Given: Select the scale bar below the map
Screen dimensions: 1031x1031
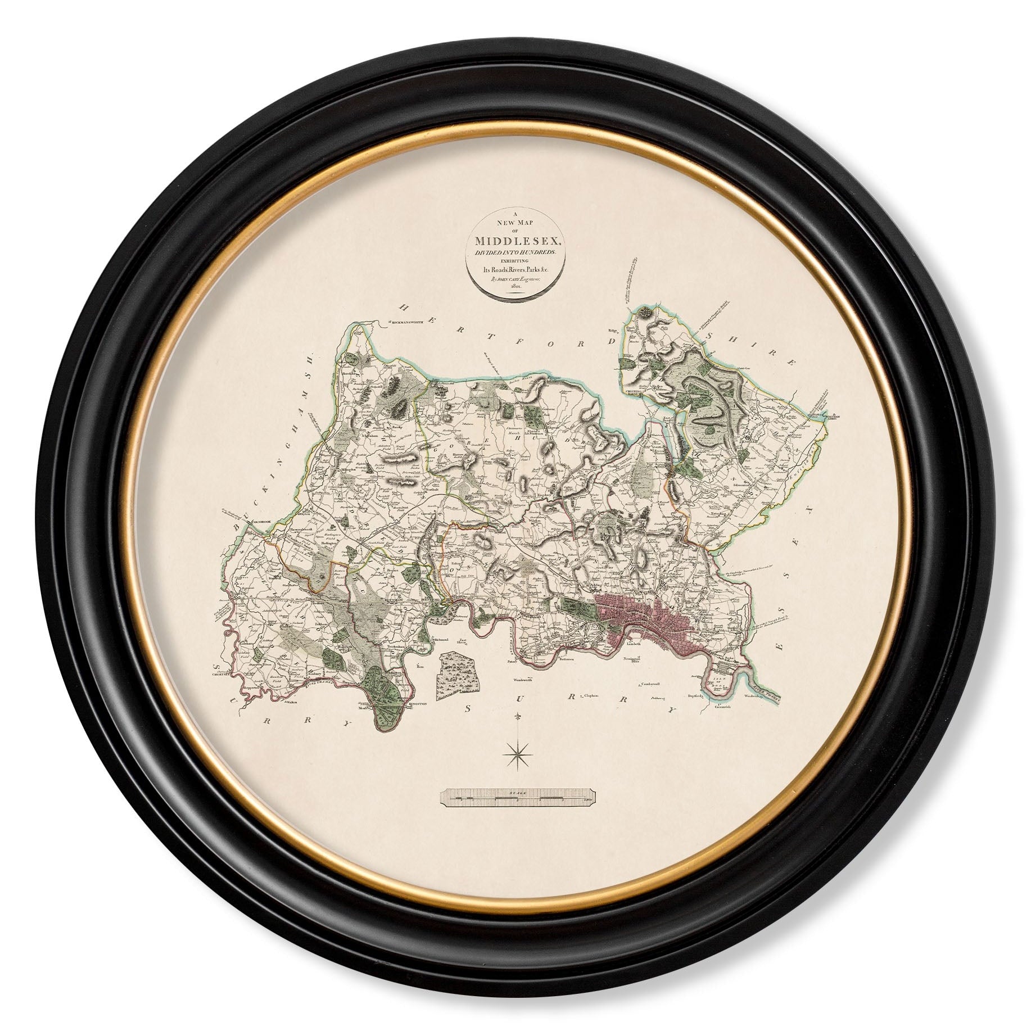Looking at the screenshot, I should click(515, 798).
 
